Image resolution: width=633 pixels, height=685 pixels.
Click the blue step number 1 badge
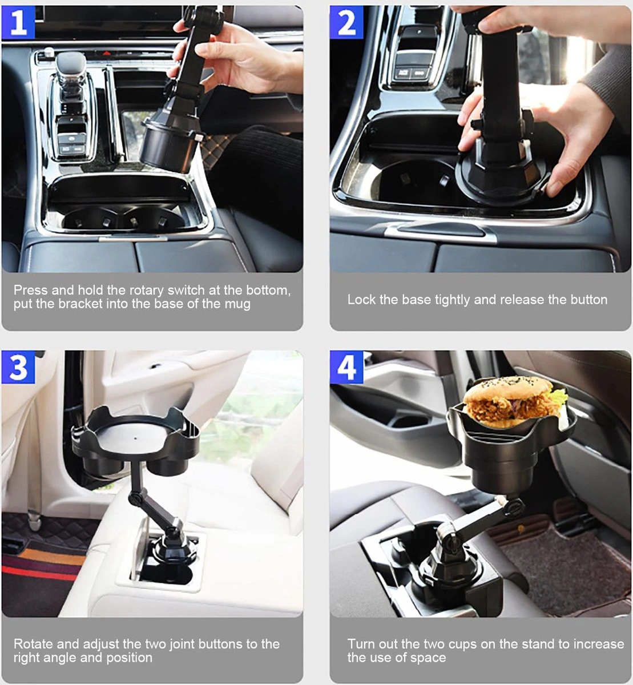click(18, 22)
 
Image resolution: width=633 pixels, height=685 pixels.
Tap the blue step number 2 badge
click(346, 22)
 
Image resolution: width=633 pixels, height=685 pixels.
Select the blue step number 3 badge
click(18, 367)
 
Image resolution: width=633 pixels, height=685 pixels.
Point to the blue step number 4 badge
click(346, 367)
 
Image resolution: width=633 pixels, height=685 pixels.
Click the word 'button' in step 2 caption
click(589, 299)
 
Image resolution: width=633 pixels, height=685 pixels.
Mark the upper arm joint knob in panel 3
click(135, 498)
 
